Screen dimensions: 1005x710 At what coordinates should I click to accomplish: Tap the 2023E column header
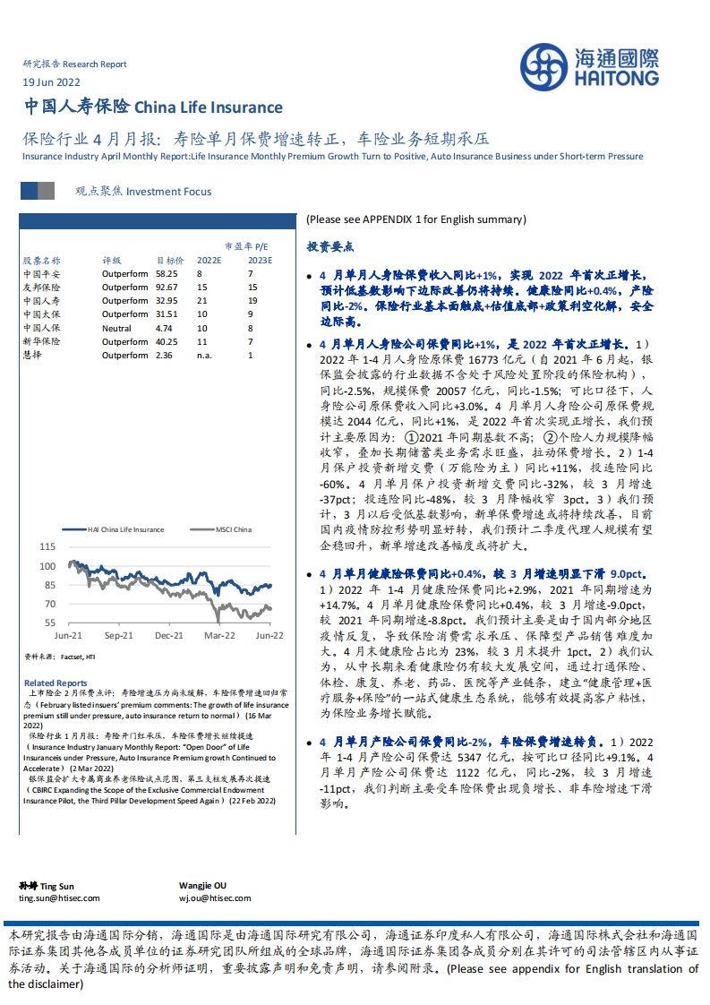pyautogui.click(x=260, y=260)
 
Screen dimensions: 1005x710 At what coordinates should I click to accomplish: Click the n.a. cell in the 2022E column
pyautogui.click(x=206, y=355)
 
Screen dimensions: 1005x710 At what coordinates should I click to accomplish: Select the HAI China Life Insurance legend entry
pyautogui.click(x=120, y=529)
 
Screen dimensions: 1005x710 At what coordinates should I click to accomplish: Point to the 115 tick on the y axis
pyautogui.click(x=47, y=546)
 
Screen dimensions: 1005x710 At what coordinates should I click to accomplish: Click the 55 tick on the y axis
pyautogui.click(x=50, y=623)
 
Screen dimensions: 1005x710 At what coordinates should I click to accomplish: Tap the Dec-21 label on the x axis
pyautogui.click(x=169, y=635)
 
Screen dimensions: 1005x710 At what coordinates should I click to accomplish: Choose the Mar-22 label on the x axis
pyautogui.click(x=220, y=635)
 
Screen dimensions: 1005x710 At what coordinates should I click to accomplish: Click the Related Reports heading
pyautogui.click(x=56, y=683)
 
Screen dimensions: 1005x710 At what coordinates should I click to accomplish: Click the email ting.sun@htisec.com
pyautogui.click(x=59, y=898)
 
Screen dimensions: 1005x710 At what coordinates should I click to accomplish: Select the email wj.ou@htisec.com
pyautogui.click(x=215, y=898)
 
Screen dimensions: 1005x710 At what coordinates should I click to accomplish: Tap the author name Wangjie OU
pyautogui.click(x=206, y=885)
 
